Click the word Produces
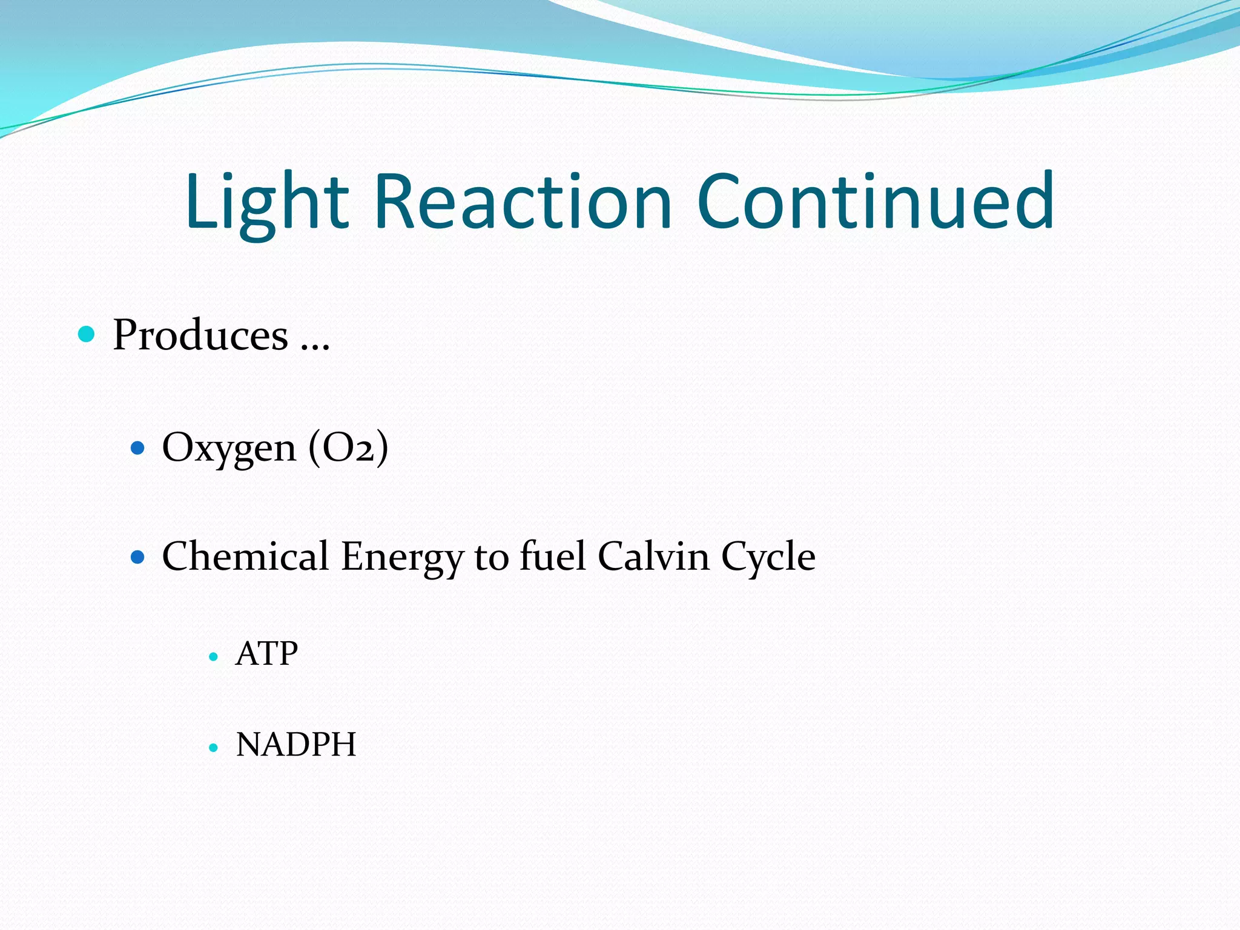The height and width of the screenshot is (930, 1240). [x=200, y=335]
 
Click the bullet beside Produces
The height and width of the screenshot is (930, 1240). [x=87, y=334]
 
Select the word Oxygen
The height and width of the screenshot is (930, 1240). [x=229, y=449]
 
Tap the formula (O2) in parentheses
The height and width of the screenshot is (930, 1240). [x=348, y=449]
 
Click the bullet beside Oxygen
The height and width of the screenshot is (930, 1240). [x=138, y=448]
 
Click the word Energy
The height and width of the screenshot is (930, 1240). [x=402, y=557]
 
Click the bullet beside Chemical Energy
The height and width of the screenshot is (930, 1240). [x=138, y=556]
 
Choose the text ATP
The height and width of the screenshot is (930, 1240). [x=267, y=654]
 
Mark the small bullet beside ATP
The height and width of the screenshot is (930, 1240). [x=213, y=656]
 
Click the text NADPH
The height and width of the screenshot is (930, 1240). [x=296, y=745]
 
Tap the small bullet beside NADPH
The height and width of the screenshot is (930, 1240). [x=213, y=748]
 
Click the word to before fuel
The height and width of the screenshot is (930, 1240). [x=491, y=557]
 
